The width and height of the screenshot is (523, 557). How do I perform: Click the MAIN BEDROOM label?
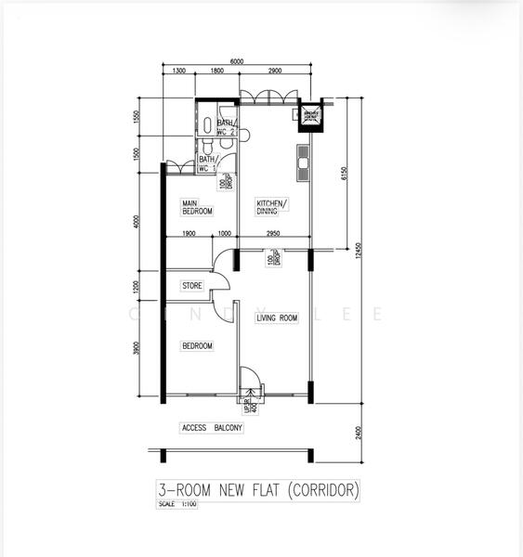197,207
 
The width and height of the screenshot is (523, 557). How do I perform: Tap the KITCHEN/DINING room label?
272,207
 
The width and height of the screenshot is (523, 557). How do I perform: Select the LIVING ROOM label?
277,318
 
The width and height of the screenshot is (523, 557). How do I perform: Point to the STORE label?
192,286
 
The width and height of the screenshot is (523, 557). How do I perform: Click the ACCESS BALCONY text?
211,428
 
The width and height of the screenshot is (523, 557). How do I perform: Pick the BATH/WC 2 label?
227,128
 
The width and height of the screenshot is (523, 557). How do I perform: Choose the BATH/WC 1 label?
207,164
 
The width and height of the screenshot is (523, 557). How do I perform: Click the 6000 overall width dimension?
237,61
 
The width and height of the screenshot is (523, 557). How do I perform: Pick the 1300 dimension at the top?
178,71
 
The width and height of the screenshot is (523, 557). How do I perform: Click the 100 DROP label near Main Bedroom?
223,183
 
